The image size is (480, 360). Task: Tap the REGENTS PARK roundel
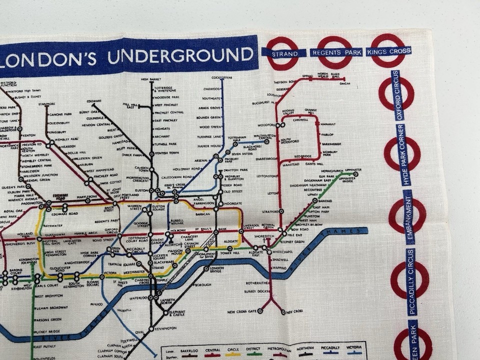click(x=334, y=52)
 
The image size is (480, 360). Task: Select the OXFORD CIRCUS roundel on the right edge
click(x=396, y=93)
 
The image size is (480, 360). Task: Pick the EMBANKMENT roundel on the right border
click(x=407, y=215)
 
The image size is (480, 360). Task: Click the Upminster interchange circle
click(x=355, y=174)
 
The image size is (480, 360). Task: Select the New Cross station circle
click(x=282, y=311)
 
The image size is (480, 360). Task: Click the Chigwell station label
click(x=300, y=120)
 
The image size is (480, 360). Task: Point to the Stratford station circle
click(x=281, y=211)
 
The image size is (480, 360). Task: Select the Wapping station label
click(x=279, y=267)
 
